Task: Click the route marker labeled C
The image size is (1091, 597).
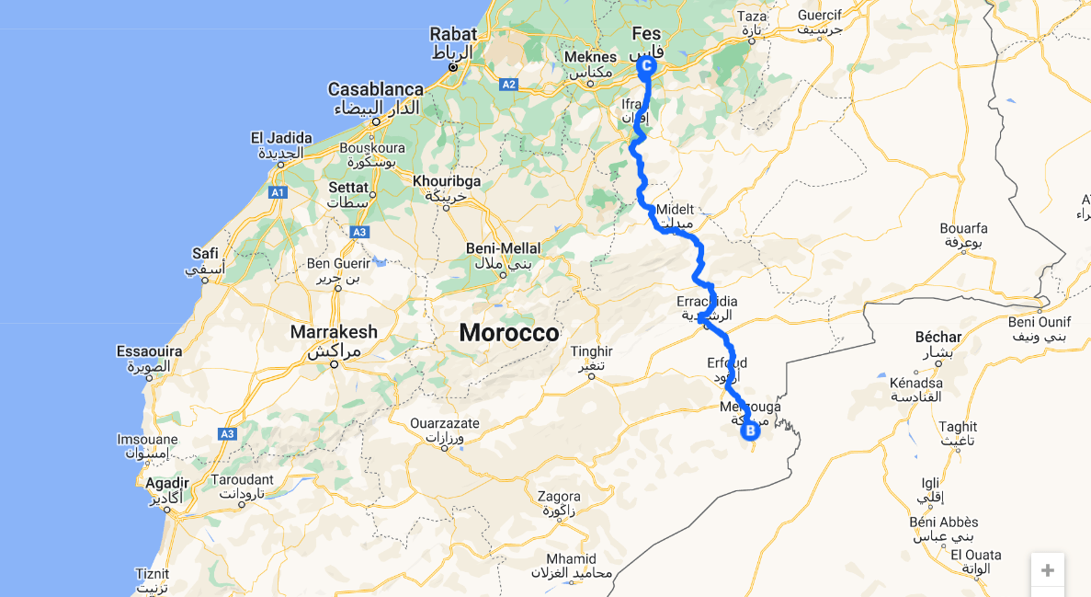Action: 646,65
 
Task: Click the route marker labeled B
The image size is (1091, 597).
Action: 750,429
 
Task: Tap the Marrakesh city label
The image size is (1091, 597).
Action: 334,332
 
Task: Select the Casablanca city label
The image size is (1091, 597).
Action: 376,90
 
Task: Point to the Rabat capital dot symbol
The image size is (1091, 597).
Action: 452,67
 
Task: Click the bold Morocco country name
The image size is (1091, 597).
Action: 508,333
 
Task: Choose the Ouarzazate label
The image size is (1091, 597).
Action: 445,423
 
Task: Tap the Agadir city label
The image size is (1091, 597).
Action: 166,482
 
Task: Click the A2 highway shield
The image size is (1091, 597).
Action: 509,84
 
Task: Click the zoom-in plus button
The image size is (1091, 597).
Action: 1047,570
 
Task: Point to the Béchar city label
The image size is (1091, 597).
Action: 938,337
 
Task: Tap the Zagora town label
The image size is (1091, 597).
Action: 559,497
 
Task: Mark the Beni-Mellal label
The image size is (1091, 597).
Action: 504,248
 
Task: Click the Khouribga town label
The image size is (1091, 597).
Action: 447,181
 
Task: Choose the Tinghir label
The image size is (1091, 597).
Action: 591,351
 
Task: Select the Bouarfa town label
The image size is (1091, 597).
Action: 963,228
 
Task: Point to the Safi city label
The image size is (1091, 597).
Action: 205,253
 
